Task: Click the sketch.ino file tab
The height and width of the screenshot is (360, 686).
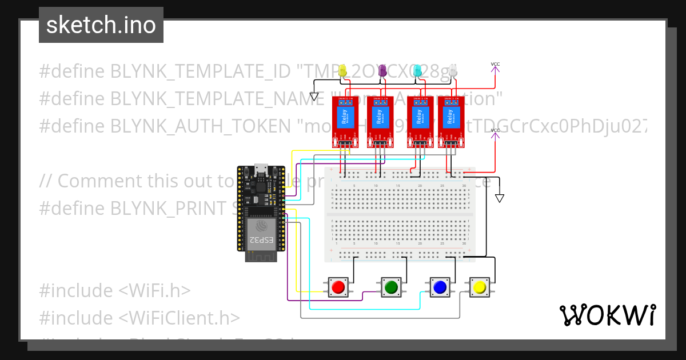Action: (101, 25)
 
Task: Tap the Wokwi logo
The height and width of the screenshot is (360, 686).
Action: (607, 315)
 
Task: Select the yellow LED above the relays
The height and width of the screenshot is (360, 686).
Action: (343, 71)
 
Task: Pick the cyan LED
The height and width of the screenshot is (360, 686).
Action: (418, 71)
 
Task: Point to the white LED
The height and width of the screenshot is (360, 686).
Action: (453, 71)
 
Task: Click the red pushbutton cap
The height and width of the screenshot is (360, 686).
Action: (338, 287)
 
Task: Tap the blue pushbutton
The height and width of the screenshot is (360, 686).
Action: (439, 287)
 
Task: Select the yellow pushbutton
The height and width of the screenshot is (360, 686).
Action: (480, 287)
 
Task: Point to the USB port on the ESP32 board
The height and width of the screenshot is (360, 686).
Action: (261, 169)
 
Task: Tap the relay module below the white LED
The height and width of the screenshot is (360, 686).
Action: (451, 121)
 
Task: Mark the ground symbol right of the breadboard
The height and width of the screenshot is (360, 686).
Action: (500, 198)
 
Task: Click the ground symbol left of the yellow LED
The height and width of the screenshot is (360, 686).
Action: (314, 96)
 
